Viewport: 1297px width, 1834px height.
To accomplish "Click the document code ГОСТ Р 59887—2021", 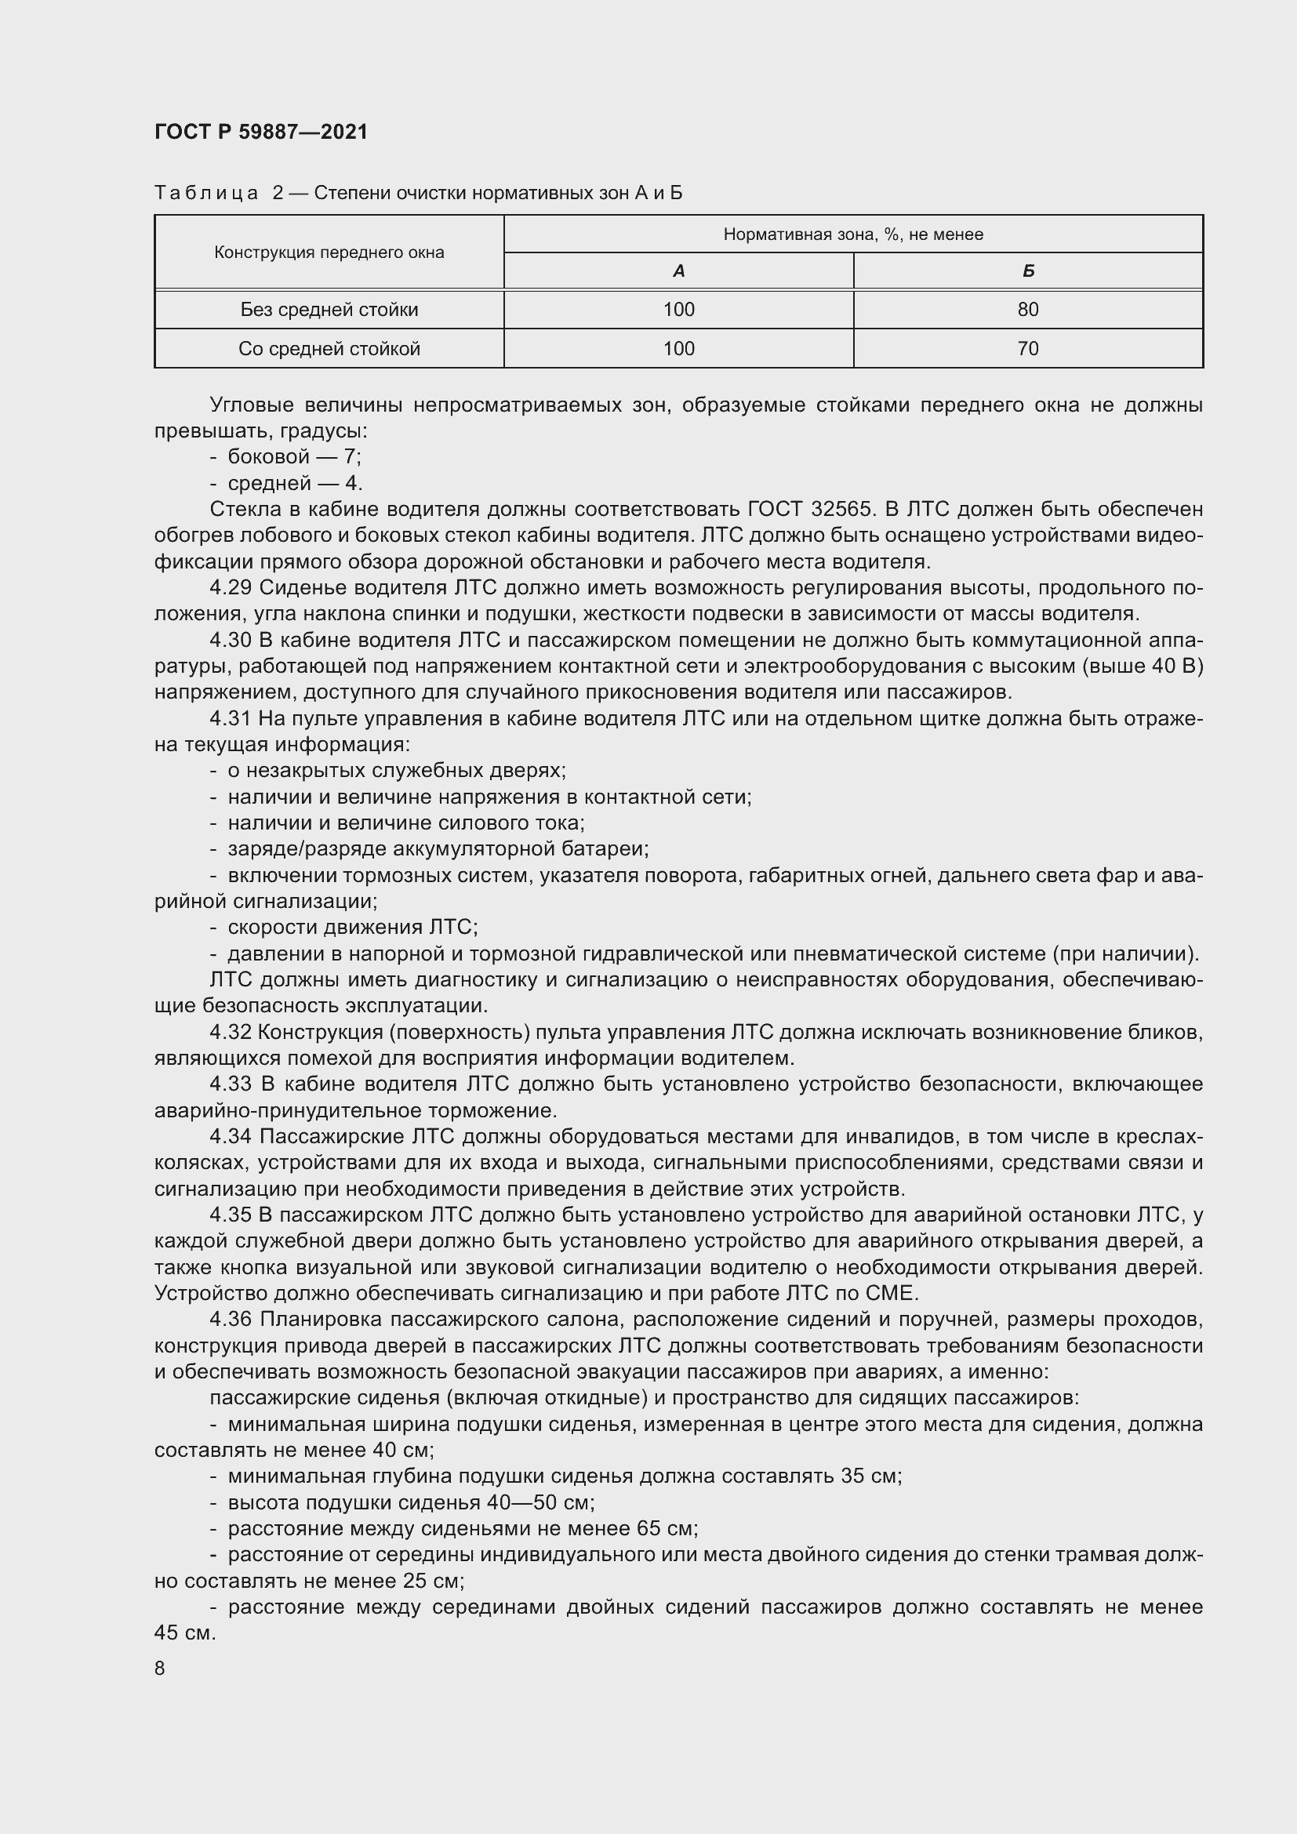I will (261, 132).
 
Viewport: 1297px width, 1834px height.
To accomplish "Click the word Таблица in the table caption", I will (207, 194).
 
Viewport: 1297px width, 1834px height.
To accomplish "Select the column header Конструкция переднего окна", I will (329, 252).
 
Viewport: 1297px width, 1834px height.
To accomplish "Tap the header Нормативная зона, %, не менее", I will (853, 234).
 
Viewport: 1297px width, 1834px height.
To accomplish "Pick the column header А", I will (679, 271).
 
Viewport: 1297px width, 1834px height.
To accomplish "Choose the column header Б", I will (1028, 271).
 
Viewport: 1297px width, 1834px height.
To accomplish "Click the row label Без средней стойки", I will (329, 309).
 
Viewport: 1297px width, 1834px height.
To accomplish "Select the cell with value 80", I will (1028, 309).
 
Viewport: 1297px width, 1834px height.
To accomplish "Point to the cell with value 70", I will (1028, 348).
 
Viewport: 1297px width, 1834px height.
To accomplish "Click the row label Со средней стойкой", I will (329, 348).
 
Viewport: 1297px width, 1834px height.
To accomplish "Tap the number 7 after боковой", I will (350, 457).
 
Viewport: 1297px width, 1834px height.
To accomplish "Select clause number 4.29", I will (231, 588).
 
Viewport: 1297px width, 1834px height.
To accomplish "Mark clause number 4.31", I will (230, 719).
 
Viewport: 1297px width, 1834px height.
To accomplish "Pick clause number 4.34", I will (231, 1137).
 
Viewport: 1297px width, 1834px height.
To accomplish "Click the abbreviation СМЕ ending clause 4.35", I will (889, 1293).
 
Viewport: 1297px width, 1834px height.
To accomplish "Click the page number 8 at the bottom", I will (160, 1669).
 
